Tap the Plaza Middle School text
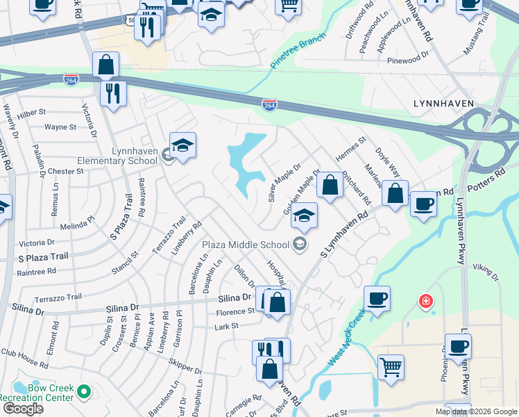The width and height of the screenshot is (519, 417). click(245, 244)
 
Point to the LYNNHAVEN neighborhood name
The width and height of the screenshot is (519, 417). click(443, 104)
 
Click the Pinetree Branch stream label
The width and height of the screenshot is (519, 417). click(298, 52)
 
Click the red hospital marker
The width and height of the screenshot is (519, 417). click(425, 302)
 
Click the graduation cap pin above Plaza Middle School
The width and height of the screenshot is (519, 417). click(304, 215)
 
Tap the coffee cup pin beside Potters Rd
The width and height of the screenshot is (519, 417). click(423, 204)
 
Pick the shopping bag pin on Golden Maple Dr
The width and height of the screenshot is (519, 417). click(330, 185)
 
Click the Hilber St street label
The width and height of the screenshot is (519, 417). click(32, 111)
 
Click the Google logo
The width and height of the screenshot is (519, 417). click(22, 408)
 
